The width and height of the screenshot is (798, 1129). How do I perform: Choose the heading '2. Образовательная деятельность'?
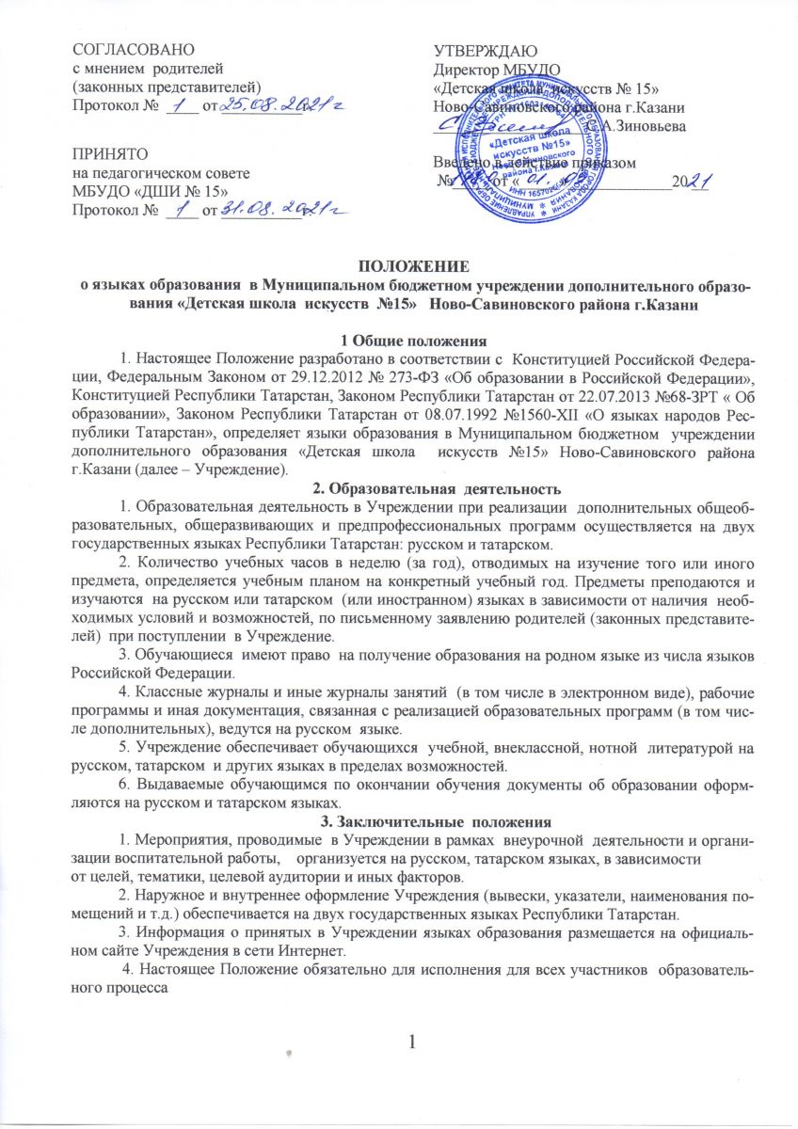398,487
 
